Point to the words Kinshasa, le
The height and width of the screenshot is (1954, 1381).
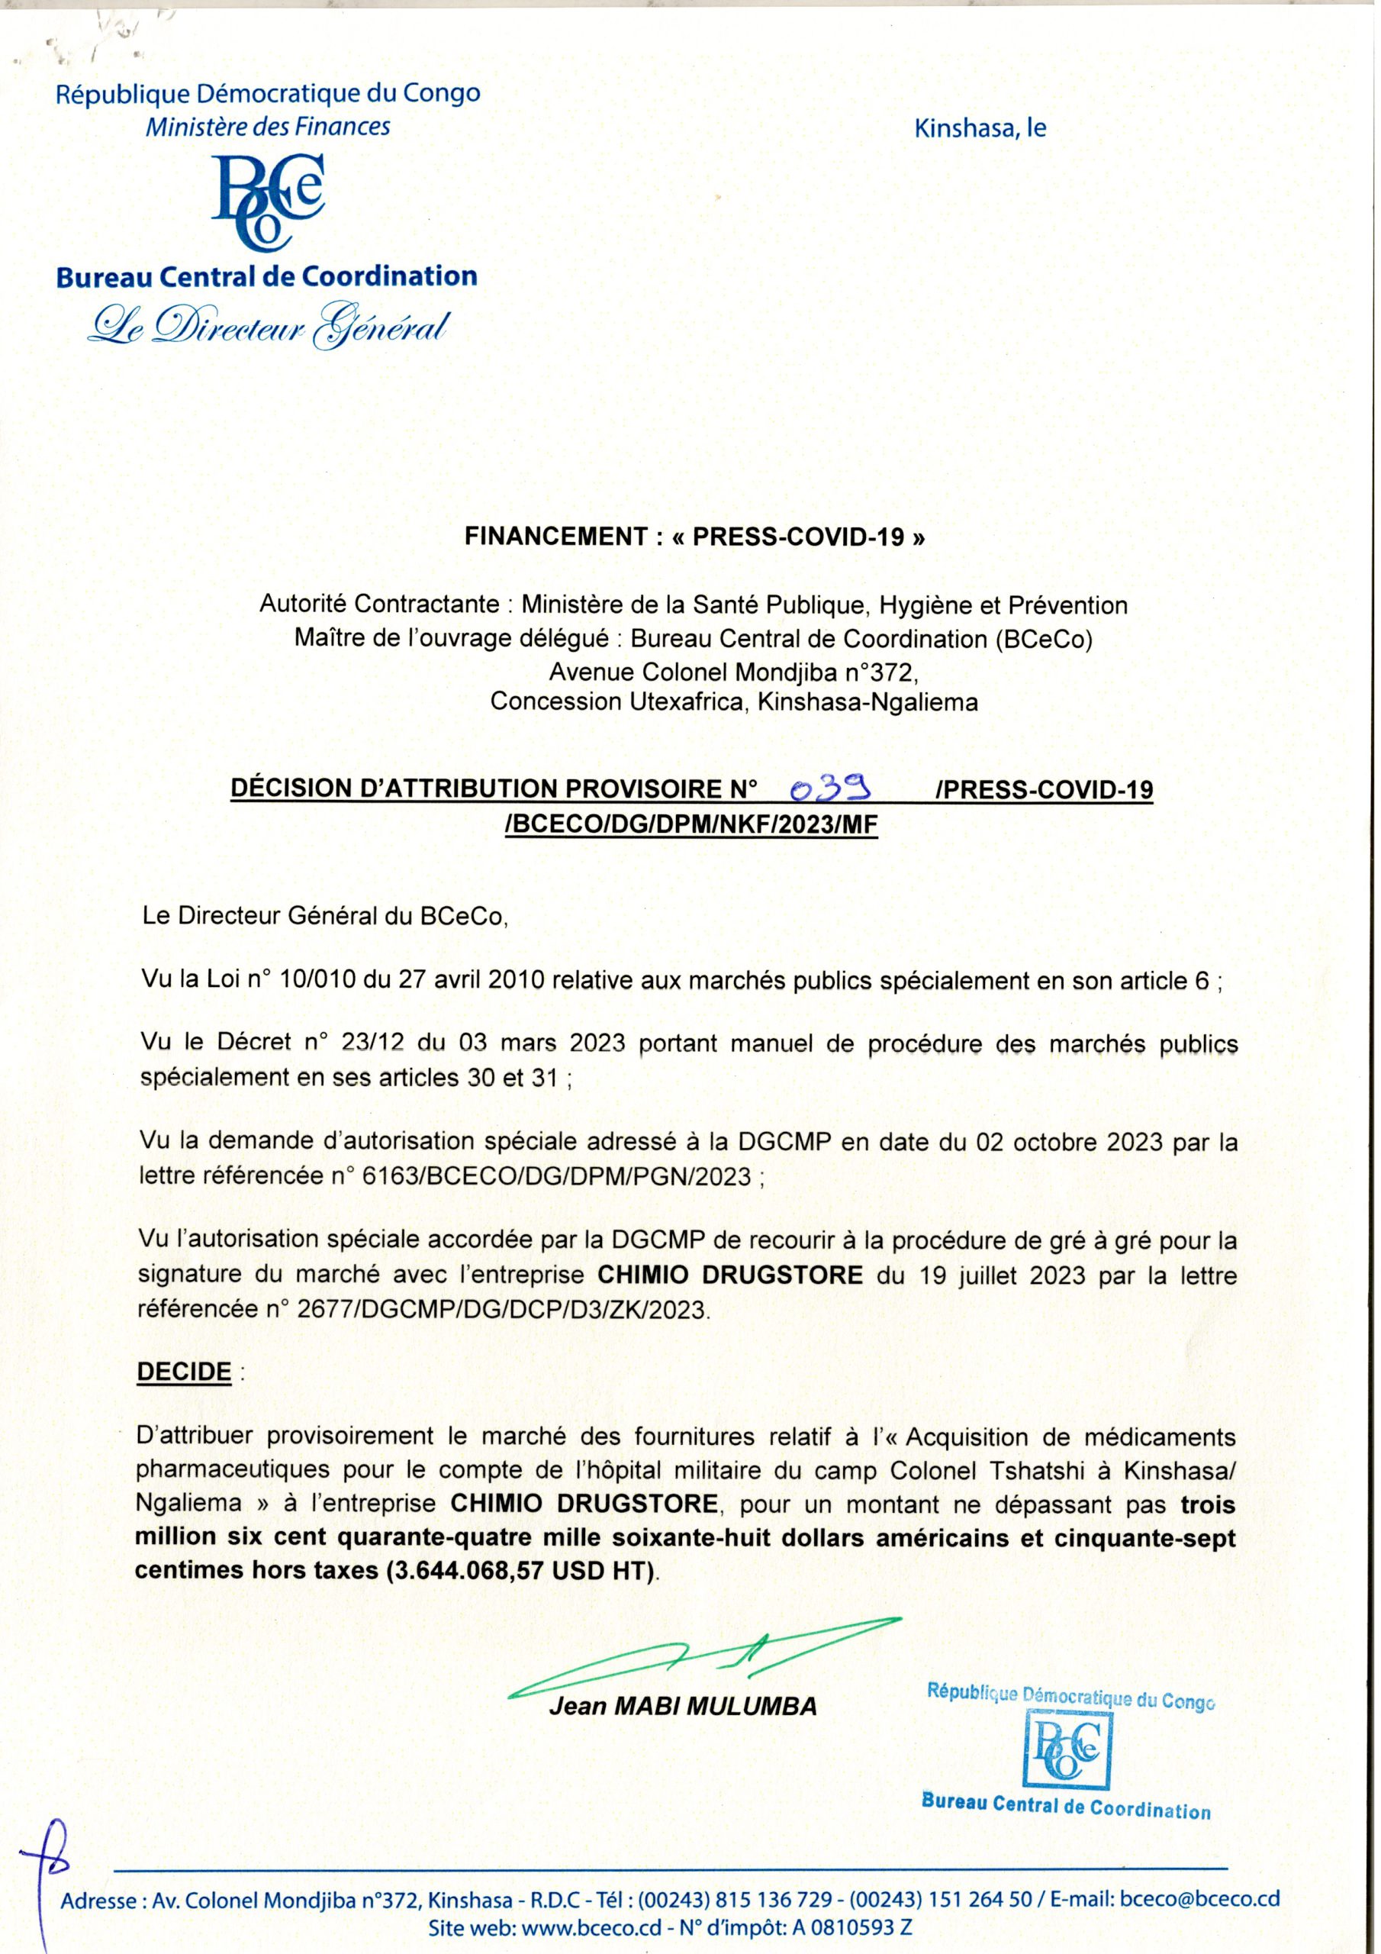click(x=980, y=128)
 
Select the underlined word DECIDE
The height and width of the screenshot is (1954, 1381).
click(x=184, y=1372)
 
